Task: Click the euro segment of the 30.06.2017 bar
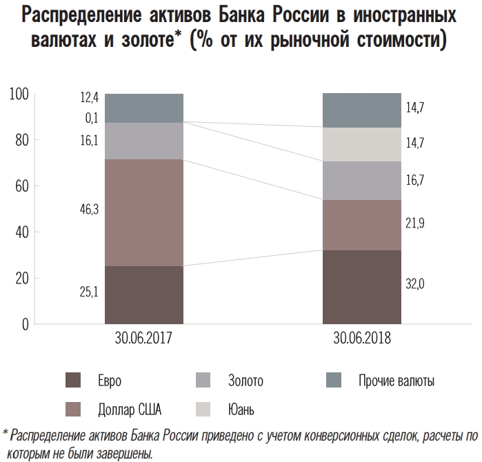[x=143, y=294]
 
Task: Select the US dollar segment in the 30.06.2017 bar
[x=143, y=212]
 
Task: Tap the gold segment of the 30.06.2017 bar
[x=143, y=141]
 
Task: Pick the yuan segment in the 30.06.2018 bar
[x=361, y=144]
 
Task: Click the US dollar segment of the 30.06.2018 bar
[x=361, y=225]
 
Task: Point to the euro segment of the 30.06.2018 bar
[x=361, y=287]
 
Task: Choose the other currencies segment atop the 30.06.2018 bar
[x=361, y=110]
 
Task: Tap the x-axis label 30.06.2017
[x=143, y=340]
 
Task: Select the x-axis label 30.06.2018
[x=361, y=340]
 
